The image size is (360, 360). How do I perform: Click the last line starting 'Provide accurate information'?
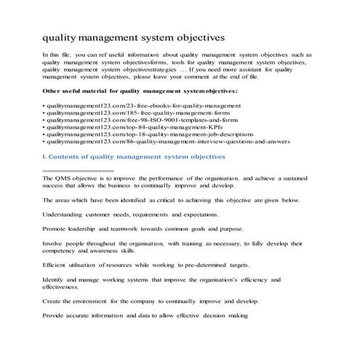pyautogui.click(x=146, y=316)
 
